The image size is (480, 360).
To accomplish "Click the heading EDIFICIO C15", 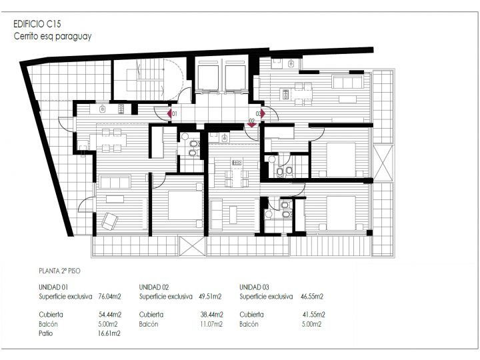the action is point(37,23).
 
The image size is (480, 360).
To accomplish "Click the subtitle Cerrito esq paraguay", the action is point(53,36).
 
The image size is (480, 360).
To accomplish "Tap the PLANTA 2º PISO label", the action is point(60,271).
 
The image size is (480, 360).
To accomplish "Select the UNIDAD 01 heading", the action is point(53,287).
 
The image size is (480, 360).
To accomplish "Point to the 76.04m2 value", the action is point(109,296).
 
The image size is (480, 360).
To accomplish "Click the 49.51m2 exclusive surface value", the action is point(210,296).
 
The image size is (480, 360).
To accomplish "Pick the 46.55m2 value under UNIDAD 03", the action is point(312,296).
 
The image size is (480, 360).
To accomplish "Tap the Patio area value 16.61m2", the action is point(109,333).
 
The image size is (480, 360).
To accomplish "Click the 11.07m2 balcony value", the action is point(211,324).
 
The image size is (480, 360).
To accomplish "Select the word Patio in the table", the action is point(45,333).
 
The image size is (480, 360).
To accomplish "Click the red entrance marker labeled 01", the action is point(169,114).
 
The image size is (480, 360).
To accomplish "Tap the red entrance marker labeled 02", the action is point(251,125).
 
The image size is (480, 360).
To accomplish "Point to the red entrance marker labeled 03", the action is point(263,114).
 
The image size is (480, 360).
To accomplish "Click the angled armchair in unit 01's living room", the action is point(109,221).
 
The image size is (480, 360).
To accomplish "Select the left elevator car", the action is point(208,78).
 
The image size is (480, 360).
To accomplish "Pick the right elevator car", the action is point(235,78).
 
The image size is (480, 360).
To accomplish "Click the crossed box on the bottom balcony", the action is point(192,246).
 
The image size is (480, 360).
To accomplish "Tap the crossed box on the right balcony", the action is point(383,163).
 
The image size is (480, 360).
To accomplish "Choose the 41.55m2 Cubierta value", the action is point(314,315).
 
